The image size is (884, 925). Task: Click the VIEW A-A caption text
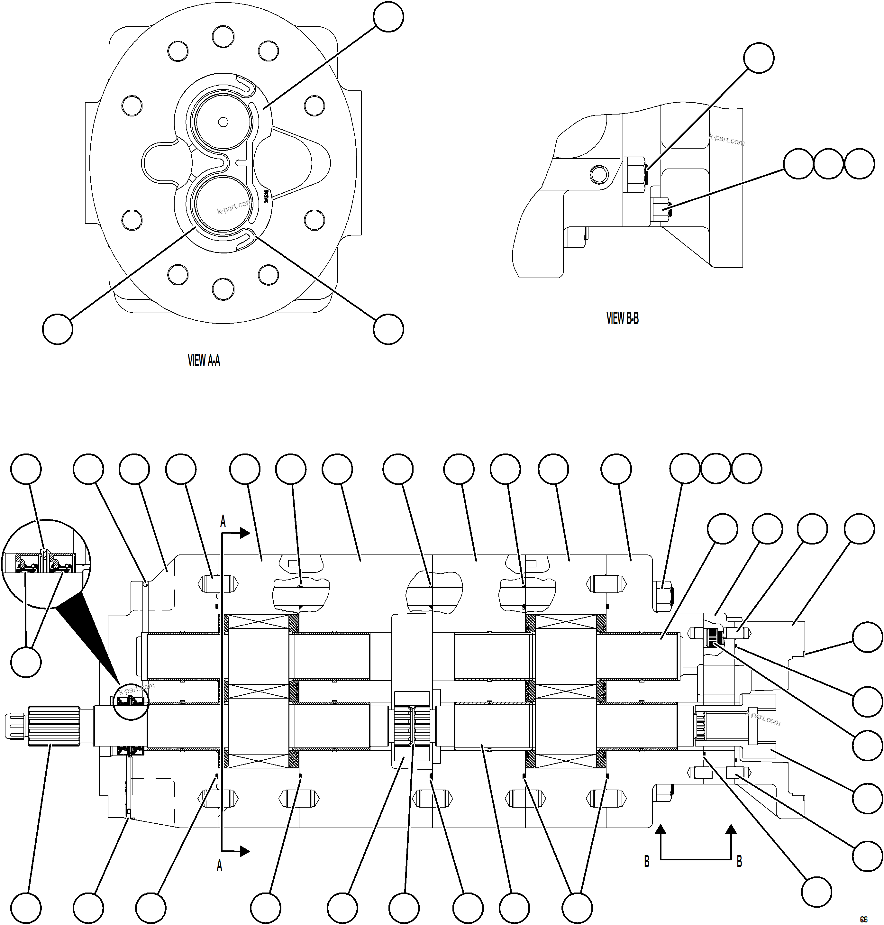[204, 361]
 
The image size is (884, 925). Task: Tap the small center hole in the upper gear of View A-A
[223, 122]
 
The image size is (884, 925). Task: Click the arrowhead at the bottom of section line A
[245, 851]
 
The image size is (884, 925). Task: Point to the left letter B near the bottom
[646, 862]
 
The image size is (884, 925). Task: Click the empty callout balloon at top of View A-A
[388, 17]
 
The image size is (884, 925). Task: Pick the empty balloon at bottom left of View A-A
[58, 329]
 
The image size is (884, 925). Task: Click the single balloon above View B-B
[759, 58]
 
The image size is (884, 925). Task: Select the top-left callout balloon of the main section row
[26, 469]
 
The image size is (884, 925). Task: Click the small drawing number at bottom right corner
[863, 919]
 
